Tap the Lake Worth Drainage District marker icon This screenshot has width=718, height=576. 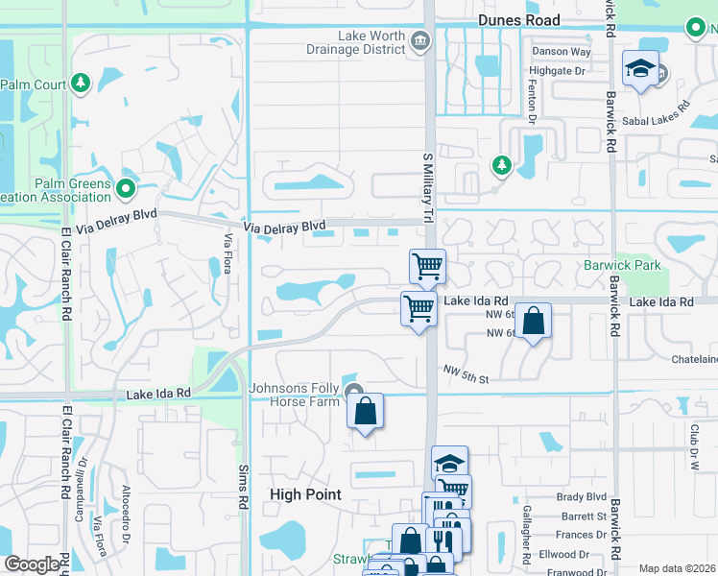[419, 40]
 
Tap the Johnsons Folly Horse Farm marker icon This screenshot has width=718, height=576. [354, 392]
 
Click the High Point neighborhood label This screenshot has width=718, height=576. [305, 494]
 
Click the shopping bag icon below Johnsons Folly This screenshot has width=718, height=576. [366, 412]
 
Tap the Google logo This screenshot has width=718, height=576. [32, 564]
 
